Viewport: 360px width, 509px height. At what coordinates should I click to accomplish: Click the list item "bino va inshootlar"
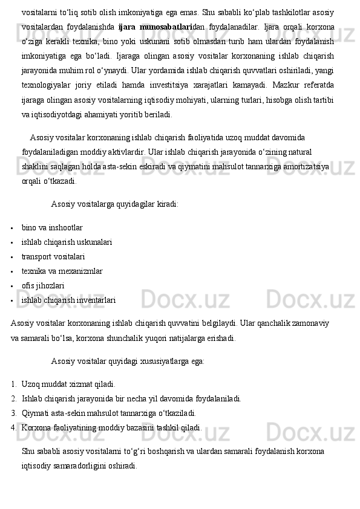52,228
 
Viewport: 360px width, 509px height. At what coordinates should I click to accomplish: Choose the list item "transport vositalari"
53,257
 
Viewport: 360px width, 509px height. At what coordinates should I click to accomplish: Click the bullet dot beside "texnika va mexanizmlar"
12,271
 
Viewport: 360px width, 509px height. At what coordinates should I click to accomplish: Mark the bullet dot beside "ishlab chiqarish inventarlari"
12,300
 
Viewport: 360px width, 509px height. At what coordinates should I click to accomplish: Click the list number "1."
14,384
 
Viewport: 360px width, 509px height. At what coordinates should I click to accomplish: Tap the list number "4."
14,427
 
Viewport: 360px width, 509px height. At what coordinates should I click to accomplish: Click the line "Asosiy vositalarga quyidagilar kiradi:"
114,204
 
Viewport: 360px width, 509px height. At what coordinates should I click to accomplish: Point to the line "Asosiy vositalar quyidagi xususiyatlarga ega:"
128,361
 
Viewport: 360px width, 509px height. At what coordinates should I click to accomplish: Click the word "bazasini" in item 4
139,427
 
